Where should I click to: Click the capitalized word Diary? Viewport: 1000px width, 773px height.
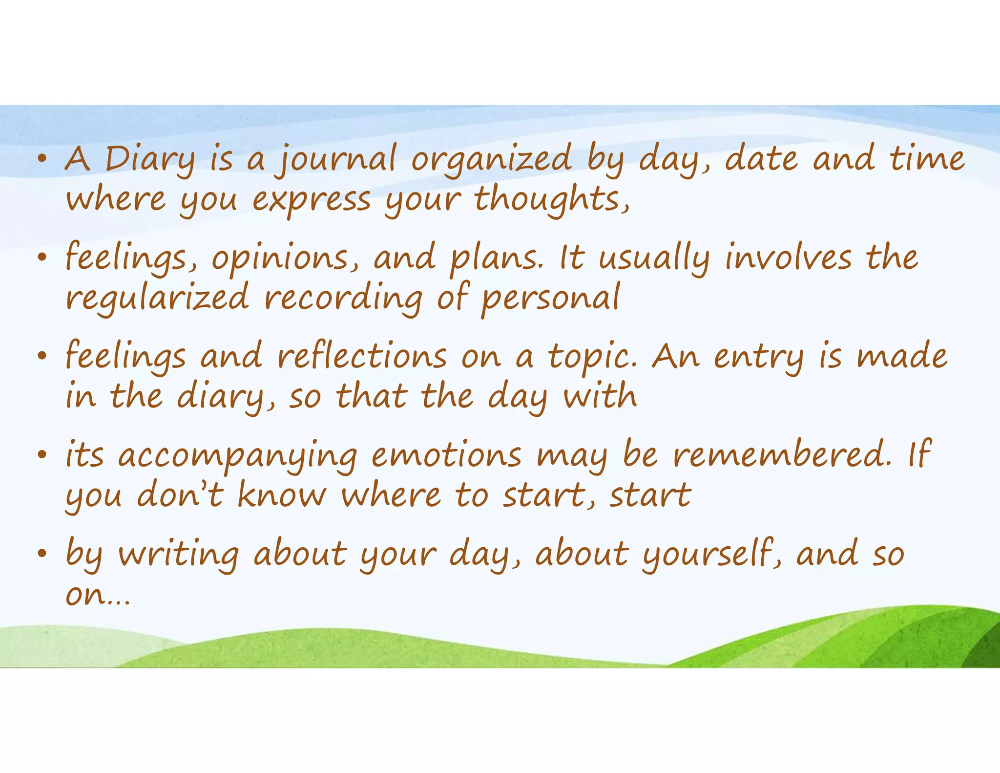click(149, 160)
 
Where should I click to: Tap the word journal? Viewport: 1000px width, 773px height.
click(336, 160)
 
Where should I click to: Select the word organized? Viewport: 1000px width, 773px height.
click(491, 160)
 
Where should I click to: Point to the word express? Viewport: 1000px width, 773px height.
click(311, 201)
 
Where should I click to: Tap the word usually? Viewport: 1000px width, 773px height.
click(654, 258)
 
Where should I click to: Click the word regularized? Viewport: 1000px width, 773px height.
click(157, 299)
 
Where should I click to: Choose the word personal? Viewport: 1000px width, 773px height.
click(550, 299)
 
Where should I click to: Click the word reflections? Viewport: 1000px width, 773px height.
click(362, 357)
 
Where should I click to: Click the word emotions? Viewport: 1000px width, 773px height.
click(446, 455)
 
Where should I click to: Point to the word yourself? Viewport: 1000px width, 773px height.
click(711, 555)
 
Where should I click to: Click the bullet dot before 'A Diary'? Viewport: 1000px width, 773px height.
click(43, 159)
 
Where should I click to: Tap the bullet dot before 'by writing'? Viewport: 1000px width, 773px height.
click(43, 554)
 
